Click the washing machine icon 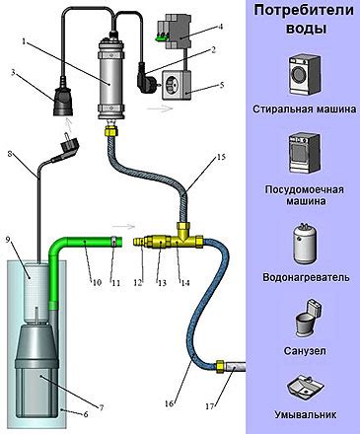305,75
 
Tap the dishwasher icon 305,153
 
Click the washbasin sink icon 306,386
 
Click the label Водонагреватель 306,277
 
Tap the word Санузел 305,351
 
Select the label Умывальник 306,414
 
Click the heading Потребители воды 304,19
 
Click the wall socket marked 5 177,85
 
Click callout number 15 221,157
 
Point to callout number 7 102,408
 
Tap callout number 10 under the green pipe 97,282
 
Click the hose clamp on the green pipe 113,242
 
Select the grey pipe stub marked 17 235,367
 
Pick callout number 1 24,41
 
